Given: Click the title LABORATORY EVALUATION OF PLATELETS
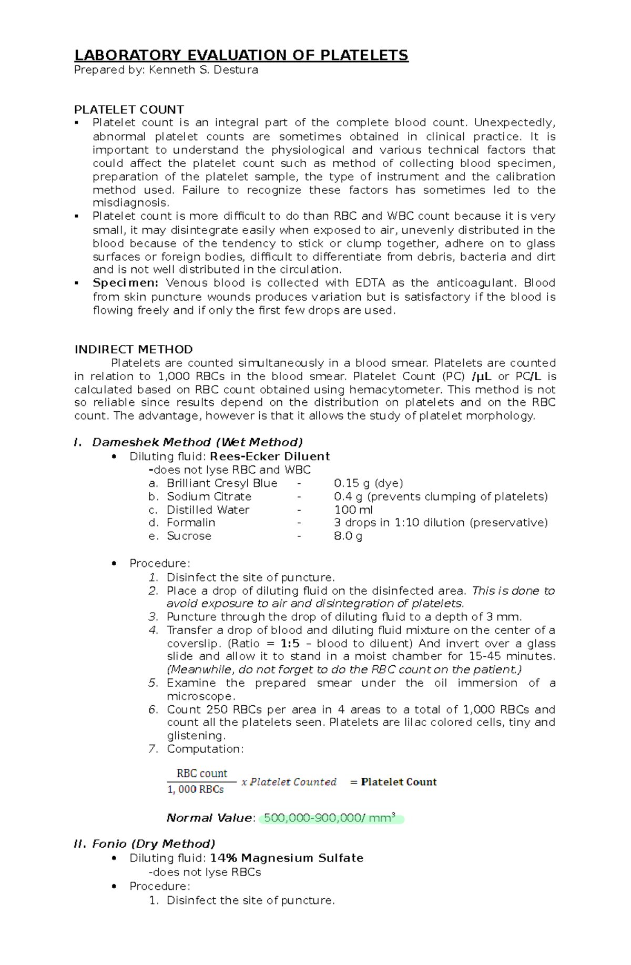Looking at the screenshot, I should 241,55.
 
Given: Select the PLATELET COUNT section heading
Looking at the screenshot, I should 129,110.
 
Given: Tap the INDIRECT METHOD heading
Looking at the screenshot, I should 134,350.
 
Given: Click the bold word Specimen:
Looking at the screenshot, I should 125,283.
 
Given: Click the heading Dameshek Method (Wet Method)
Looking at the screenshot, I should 197,442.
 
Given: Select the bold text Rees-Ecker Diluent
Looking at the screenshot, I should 269,456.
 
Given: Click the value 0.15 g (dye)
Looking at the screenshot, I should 368,483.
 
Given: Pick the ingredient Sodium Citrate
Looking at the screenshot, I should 209,496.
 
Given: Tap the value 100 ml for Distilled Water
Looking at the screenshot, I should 353,510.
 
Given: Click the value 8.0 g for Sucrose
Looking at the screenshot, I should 348,536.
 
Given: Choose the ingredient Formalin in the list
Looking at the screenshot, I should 190,523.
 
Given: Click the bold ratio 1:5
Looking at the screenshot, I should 290,644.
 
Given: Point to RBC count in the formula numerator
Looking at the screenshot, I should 201,774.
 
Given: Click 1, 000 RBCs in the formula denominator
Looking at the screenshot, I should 195,789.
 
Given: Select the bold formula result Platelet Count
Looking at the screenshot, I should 399,782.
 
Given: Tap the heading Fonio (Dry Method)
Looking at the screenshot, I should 153,844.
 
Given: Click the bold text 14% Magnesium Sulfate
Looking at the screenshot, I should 287,858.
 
